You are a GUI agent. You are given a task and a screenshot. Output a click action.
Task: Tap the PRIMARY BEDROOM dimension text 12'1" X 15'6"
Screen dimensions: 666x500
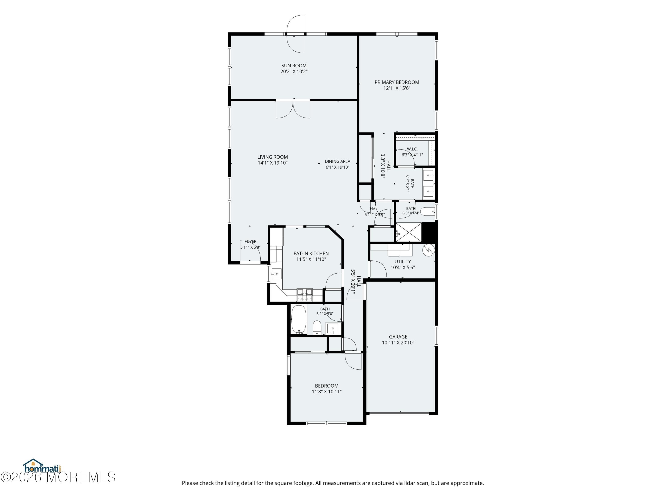point(397,88)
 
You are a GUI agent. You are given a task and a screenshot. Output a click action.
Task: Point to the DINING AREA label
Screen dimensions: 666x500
point(337,162)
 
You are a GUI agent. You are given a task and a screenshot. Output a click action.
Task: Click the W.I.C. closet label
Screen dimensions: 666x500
point(412,149)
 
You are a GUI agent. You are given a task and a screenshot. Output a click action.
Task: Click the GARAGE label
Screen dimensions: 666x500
point(398,337)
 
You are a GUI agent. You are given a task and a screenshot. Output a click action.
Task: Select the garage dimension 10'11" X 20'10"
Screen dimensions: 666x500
point(398,343)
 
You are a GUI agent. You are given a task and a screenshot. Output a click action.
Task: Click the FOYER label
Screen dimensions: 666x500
point(250,241)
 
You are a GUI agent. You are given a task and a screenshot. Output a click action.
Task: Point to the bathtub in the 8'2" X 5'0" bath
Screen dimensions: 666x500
point(299,320)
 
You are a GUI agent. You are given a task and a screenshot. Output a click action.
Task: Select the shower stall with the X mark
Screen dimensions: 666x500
point(408,232)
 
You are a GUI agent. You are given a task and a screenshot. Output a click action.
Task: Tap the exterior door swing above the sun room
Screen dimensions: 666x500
point(295,34)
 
